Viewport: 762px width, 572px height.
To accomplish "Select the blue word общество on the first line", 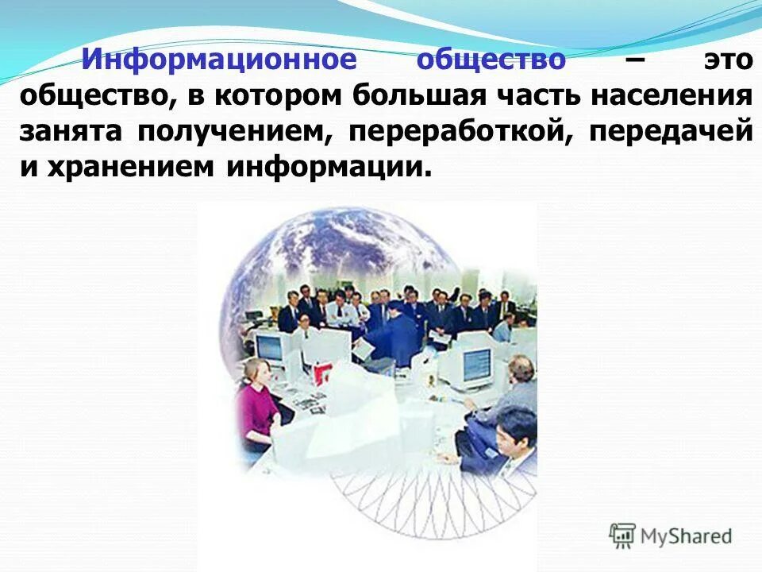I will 491,60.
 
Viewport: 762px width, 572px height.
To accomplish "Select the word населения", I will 691,96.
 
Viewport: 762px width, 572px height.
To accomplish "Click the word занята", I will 71,131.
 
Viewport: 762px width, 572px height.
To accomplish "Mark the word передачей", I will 670,131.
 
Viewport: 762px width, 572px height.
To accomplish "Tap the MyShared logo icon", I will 623,536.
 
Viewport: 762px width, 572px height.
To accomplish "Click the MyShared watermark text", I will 687,537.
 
